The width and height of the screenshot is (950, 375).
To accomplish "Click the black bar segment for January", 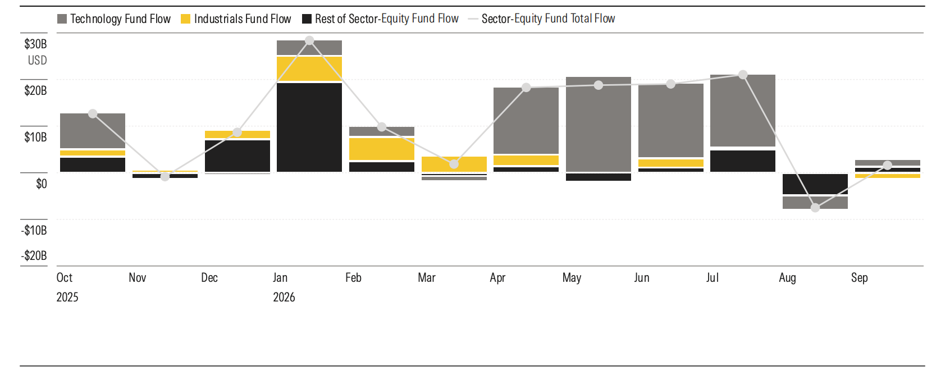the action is [309, 127].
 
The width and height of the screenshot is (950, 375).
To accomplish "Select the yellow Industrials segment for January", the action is [309, 68].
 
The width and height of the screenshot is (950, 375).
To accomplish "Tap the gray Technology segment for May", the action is [599, 124].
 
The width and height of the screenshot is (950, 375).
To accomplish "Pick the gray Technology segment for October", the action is [93, 131].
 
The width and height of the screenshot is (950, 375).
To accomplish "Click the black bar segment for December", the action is [237, 156].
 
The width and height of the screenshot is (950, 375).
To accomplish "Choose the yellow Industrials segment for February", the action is [382, 149].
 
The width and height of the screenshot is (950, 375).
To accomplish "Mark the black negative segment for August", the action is [815, 184].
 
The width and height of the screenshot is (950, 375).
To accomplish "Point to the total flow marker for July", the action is [743, 75].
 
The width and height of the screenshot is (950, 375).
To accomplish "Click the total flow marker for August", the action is [815, 208].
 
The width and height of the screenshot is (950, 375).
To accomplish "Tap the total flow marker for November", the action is [165, 176].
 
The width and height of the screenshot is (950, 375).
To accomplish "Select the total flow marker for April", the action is [526, 88].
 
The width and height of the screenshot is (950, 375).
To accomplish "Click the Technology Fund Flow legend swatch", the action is [62, 19].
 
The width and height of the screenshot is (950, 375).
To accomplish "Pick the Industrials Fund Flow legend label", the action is [243, 19].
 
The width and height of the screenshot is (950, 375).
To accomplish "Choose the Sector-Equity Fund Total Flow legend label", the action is [549, 19].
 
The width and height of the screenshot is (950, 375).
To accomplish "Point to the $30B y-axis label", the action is [35, 44].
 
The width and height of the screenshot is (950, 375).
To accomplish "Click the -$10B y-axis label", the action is [34, 230].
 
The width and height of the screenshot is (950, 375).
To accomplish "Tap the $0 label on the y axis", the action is [42, 184].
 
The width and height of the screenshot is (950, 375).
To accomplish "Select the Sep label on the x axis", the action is [860, 278].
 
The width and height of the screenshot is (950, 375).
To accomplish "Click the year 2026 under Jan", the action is [284, 297].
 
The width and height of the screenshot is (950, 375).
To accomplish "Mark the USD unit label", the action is [37, 60].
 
